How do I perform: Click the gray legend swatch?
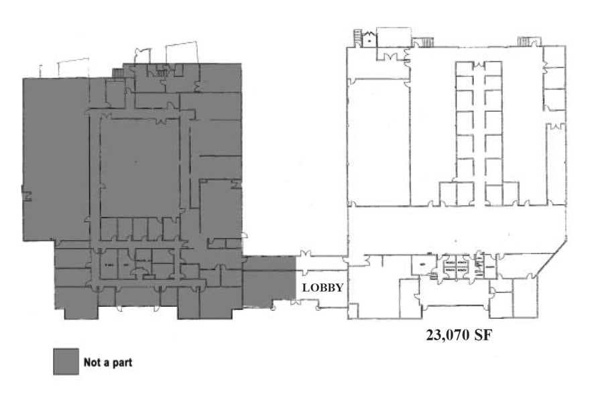point(65,362)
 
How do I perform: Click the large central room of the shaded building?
point(140,168)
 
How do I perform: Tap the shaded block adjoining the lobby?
point(269,281)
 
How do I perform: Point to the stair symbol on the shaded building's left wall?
point(27,196)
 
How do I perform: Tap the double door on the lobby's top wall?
point(307,255)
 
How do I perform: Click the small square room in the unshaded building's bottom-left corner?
point(353,310)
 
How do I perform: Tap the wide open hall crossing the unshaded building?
point(456,228)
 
